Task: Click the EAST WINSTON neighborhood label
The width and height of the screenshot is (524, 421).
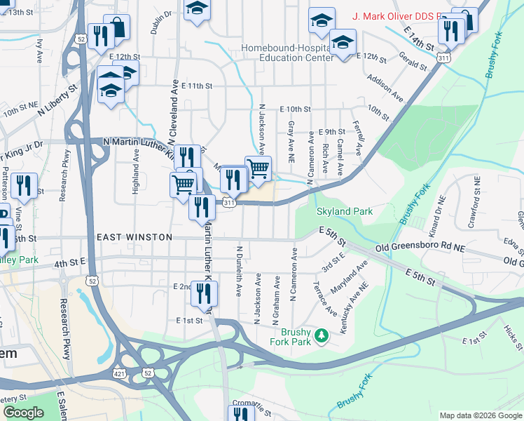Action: point(134,237)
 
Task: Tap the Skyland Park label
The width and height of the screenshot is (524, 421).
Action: point(344,211)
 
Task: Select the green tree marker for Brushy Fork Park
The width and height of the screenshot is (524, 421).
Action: point(322,336)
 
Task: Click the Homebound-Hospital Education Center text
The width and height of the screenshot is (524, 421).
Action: point(287,53)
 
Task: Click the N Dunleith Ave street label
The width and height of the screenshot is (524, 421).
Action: point(239,269)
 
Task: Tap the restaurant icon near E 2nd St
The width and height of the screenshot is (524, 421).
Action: point(205,294)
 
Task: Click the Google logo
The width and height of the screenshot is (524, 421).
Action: point(23,413)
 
